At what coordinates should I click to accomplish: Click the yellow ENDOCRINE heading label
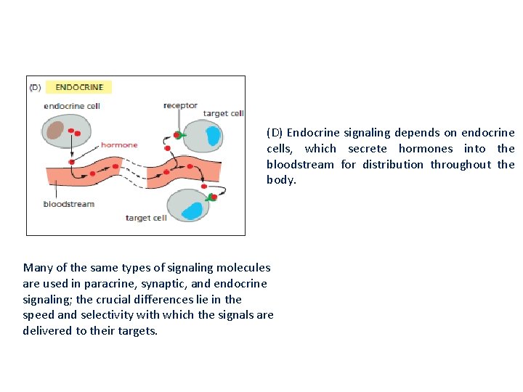[x=79, y=87]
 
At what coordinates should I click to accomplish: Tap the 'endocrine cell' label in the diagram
[x=72, y=106]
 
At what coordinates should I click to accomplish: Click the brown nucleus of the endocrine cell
[x=55, y=129]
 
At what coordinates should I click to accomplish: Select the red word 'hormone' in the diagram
[x=119, y=145]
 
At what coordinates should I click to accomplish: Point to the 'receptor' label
[x=180, y=105]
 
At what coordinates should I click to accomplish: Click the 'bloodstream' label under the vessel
[x=69, y=204]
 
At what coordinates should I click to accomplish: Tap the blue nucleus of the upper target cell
[x=213, y=136]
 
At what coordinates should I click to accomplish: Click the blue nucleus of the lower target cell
[x=192, y=211]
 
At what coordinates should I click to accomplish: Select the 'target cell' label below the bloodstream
[x=146, y=218]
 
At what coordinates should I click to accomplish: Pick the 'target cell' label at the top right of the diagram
[x=223, y=113]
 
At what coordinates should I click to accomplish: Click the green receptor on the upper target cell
[x=180, y=135]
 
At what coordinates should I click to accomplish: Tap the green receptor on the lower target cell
[x=211, y=197]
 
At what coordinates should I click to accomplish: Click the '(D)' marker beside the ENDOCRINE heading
[x=35, y=88]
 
